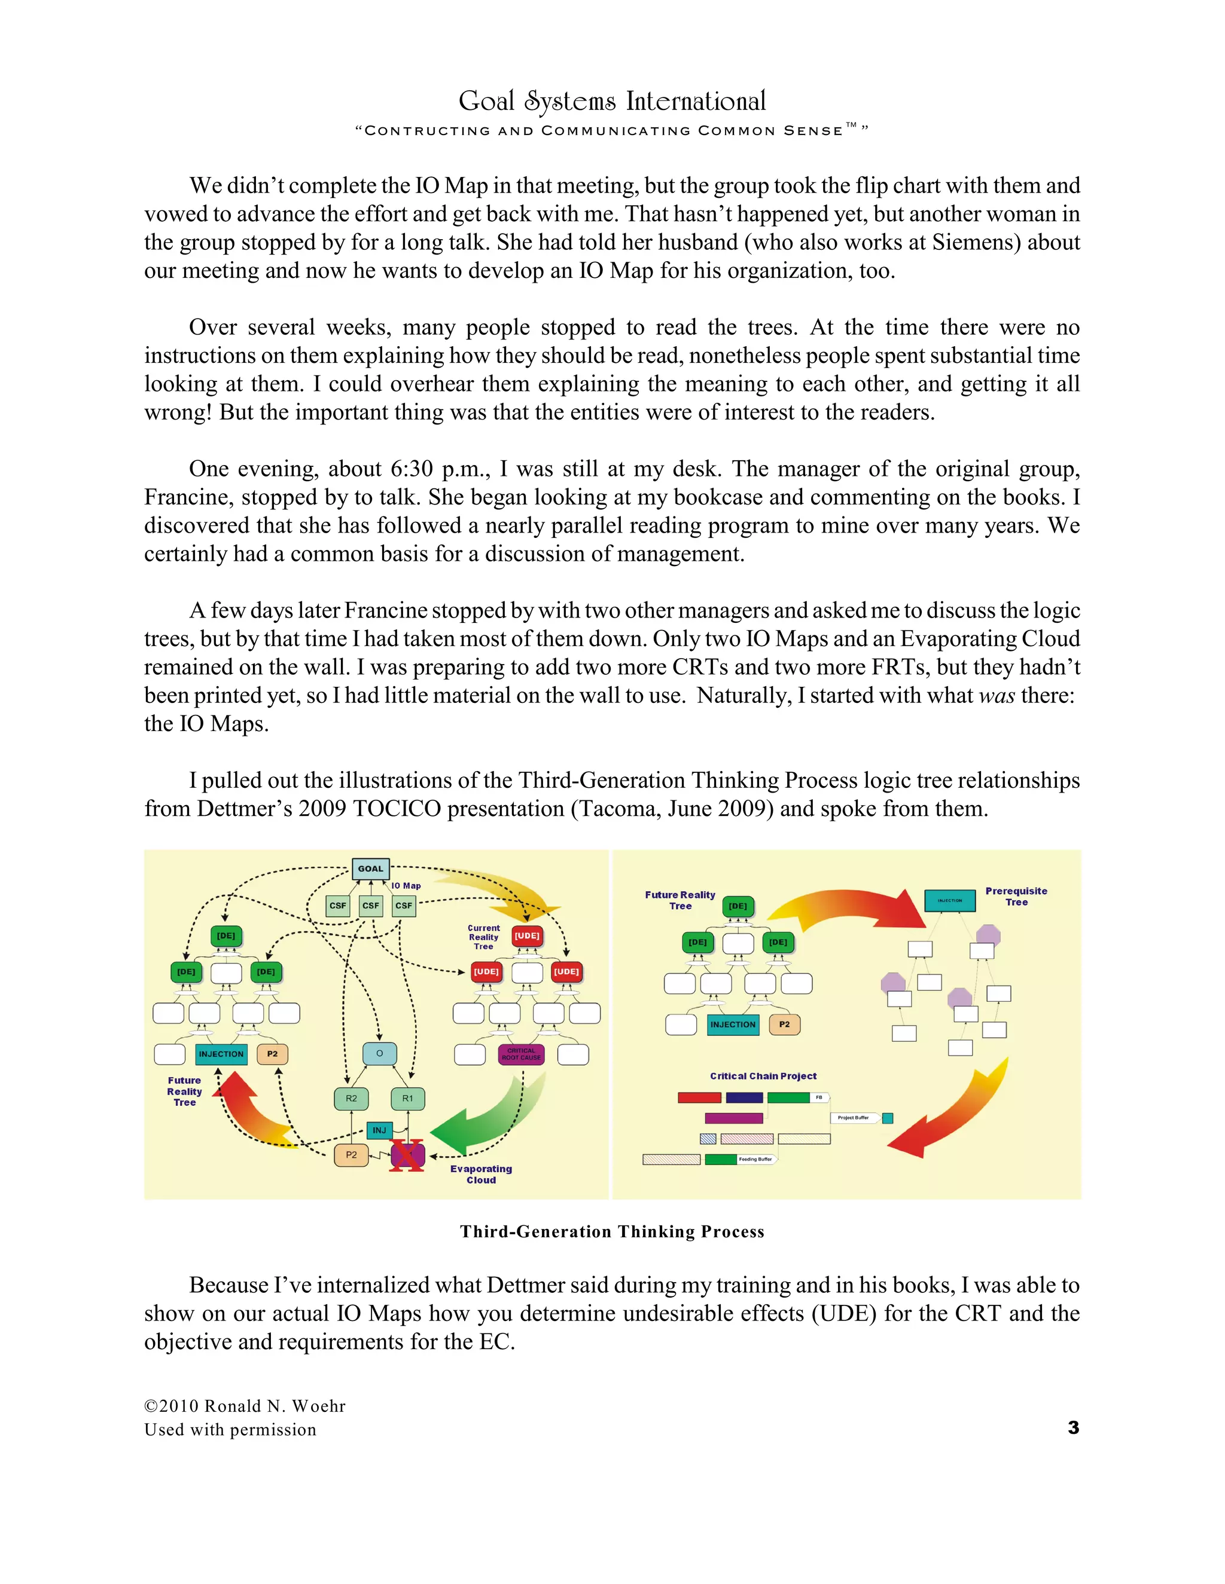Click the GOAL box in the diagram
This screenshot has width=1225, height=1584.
click(x=370, y=868)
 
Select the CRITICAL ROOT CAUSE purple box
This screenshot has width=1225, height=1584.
click(x=521, y=1054)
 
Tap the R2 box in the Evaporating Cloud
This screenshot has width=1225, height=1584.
click(x=351, y=1098)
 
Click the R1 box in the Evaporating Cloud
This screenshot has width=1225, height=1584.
click(x=408, y=1098)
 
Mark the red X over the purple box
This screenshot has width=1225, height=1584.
click(x=407, y=1155)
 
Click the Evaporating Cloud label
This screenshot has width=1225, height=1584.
click(x=481, y=1174)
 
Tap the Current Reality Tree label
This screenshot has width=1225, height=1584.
click(x=483, y=937)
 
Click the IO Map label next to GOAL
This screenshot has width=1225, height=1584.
click(x=406, y=886)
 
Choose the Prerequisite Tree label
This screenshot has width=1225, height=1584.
click(x=1016, y=897)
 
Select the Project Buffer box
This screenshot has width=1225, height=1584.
click(x=854, y=1118)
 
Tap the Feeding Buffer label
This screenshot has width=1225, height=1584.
click(x=755, y=1159)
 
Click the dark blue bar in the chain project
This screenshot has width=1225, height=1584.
click(x=744, y=1098)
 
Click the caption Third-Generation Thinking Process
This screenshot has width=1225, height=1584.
click(x=612, y=1231)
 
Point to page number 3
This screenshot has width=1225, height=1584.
click(x=1073, y=1427)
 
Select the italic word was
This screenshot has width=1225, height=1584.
click(x=997, y=696)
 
